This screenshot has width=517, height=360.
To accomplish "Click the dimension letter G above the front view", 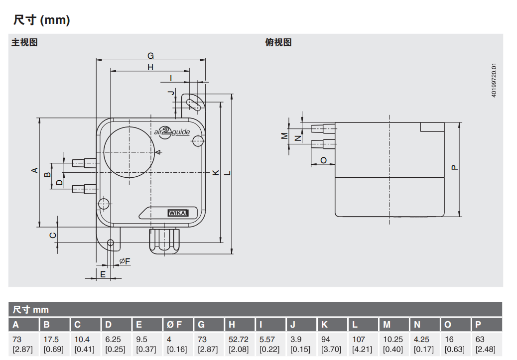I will click(x=150, y=55).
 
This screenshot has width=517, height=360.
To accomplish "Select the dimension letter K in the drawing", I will click(x=216, y=172).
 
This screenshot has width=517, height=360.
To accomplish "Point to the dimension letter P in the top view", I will click(x=454, y=167).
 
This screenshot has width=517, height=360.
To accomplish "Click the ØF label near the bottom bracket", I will click(x=125, y=261).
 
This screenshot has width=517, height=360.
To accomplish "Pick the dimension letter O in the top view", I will click(x=323, y=160).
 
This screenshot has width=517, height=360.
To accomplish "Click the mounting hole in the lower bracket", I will click(x=111, y=243).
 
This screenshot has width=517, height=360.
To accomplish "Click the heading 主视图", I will click(x=25, y=42).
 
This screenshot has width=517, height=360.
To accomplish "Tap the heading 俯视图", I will click(x=278, y=42).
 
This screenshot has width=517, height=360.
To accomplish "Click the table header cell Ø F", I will click(x=174, y=325).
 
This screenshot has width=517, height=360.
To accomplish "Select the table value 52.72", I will click(x=238, y=340).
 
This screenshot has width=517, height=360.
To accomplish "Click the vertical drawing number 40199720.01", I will click(x=494, y=80).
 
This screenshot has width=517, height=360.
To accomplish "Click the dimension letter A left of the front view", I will click(x=34, y=170).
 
